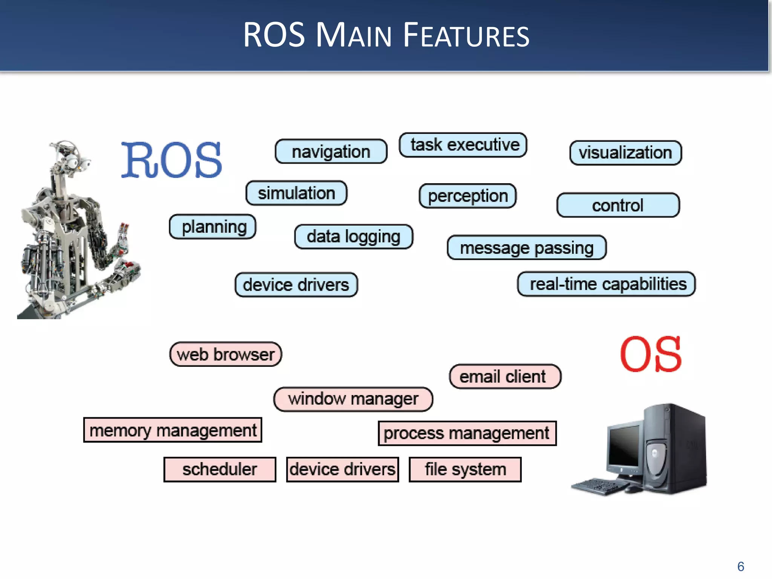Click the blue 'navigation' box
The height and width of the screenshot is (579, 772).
pyautogui.click(x=331, y=152)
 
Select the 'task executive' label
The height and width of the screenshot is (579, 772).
pyautogui.click(x=463, y=145)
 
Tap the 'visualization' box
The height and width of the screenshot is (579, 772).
pyautogui.click(x=625, y=153)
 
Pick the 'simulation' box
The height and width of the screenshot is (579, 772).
pyautogui.click(x=296, y=193)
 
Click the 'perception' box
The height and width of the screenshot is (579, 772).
pyautogui.click(x=467, y=196)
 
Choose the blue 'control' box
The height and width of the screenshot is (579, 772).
pyautogui.click(x=618, y=205)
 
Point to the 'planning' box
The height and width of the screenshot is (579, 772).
pyautogui.click(x=213, y=227)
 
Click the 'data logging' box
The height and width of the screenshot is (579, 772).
pyautogui.click(x=354, y=237)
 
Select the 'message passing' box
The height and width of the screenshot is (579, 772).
pyautogui.click(x=527, y=248)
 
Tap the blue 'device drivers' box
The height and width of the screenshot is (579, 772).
pyautogui.click(x=296, y=285)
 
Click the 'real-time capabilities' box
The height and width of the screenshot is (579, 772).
pyautogui.click(x=607, y=284)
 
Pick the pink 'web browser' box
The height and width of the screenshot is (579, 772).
pyautogui.click(x=225, y=354)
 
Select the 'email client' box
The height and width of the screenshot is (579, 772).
pyautogui.click(x=505, y=376)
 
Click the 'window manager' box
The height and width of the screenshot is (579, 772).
pyautogui.click(x=353, y=399)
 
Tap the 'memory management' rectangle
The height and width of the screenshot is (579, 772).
pyautogui.click(x=173, y=430)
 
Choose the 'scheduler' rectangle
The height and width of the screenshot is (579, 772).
pyautogui.click(x=220, y=470)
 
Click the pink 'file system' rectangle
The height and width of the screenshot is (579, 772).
pyautogui.click(x=465, y=470)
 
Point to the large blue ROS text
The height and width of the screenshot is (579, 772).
pyautogui.click(x=172, y=161)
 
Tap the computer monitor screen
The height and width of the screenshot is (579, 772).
pyautogui.click(x=624, y=447)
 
